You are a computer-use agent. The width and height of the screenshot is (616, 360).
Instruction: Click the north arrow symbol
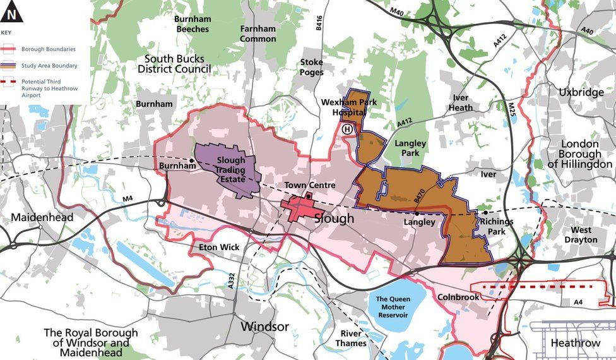tap(11, 11)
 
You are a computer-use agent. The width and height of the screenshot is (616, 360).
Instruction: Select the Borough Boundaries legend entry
tap(47, 49)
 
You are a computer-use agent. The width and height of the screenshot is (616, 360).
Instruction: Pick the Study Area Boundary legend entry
tap(49, 65)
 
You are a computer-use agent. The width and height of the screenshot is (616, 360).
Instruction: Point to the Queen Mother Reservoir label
tap(393, 307)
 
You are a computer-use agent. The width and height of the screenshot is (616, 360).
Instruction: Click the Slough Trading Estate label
tap(230, 169)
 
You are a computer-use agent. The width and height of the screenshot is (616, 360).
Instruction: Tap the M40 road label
tap(396, 12)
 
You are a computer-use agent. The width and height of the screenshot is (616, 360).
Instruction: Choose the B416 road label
tap(319, 23)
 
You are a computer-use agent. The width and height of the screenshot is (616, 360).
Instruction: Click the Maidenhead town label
tap(42, 217)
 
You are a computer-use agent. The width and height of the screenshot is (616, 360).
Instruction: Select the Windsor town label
tap(265, 327)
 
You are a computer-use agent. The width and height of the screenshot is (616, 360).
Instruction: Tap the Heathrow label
tap(575, 343)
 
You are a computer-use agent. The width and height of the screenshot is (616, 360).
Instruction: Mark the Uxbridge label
tap(581, 92)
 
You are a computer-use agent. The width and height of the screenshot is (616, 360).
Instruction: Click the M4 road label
tap(129, 200)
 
